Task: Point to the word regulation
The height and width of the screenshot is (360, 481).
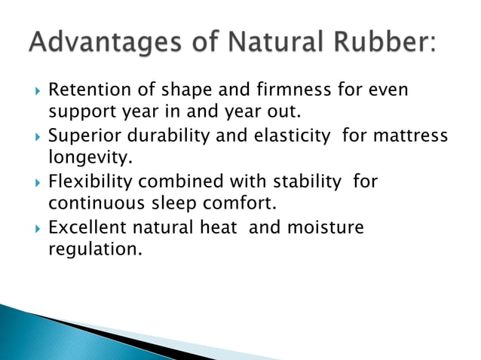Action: (94, 248)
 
